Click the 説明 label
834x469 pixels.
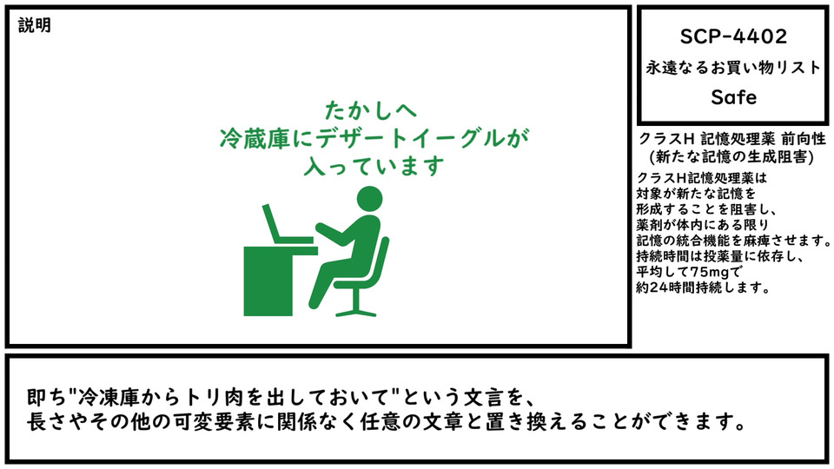[x=35, y=25]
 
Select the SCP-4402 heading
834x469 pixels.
[x=733, y=36]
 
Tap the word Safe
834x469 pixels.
[x=733, y=96]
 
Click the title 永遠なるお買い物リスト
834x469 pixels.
[x=733, y=67]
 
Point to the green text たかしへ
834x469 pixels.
[x=371, y=110]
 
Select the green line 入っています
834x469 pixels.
[x=374, y=166]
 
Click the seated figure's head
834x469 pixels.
[x=369, y=199]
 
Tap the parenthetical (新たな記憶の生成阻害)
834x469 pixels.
[x=731, y=157]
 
